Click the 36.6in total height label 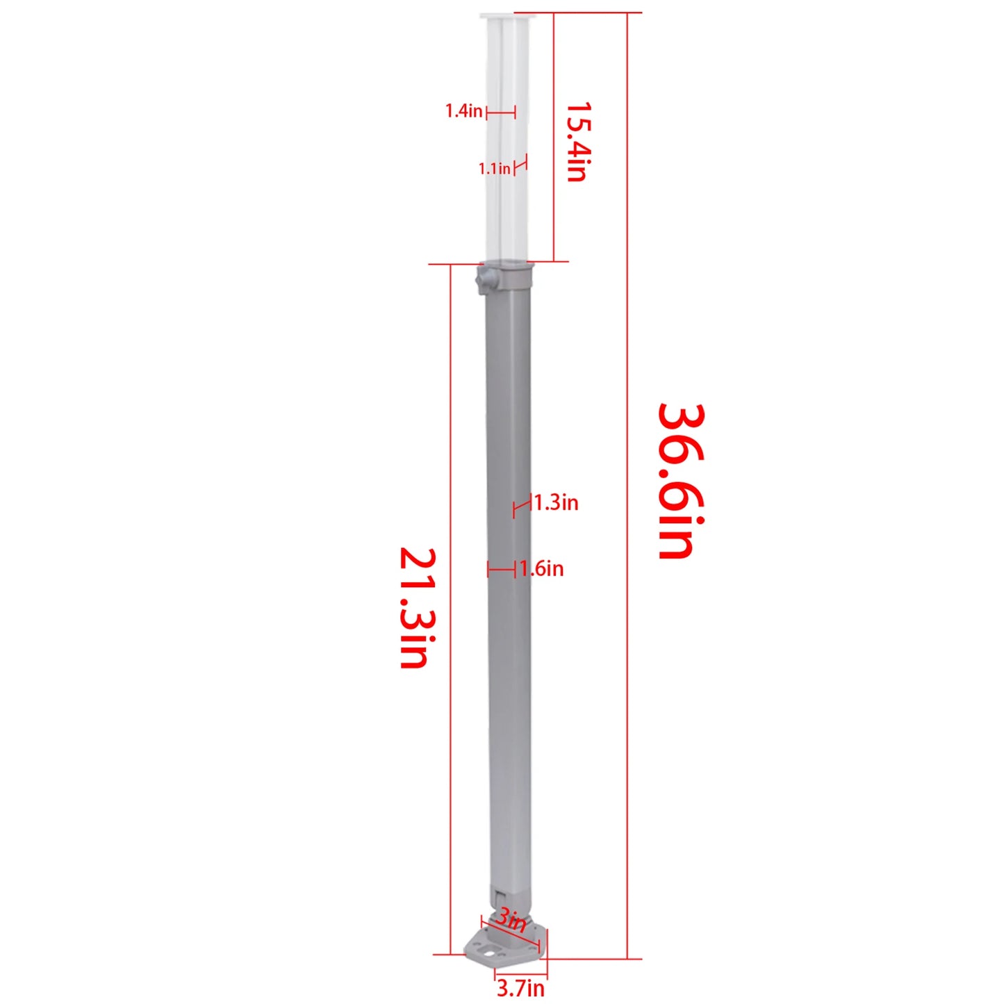(681, 481)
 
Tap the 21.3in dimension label (418, 608)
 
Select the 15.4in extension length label (577, 142)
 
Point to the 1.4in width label (463, 110)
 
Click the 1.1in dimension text (494, 168)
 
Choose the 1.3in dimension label (556, 502)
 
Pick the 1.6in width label (542, 569)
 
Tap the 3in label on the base (511, 921)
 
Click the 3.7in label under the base (520, 987)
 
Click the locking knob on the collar (484, 280)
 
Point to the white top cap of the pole (505, 16)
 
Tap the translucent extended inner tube (507, 139)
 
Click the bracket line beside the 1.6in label (501, 570)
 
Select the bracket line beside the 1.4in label (500, 111)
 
